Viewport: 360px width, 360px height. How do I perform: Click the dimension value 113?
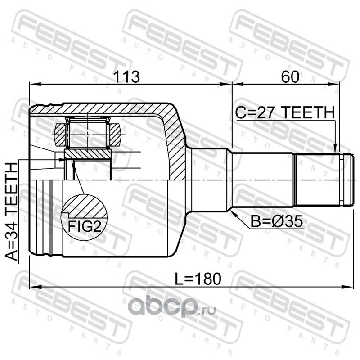click(127, 76)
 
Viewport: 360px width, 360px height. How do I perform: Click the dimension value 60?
click(290, 76)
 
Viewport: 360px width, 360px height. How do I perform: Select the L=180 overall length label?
click(198, 279)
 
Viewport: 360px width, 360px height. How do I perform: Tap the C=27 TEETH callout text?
click(285, 112)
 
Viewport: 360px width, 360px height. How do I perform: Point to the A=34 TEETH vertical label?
click(12, 211)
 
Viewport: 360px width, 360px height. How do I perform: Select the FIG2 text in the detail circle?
click(85, 227)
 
